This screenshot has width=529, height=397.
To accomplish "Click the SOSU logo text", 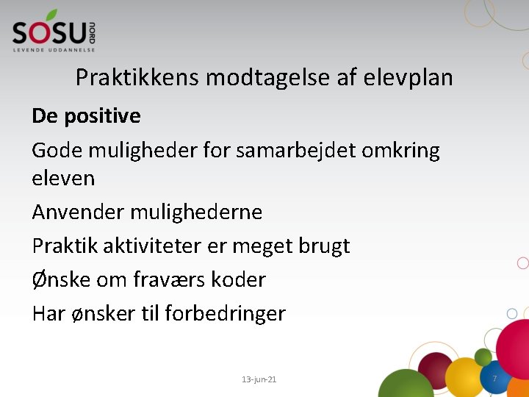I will point(48,32).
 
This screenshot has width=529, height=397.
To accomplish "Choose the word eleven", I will point(63,178).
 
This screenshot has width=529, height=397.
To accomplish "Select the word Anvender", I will point(78,212).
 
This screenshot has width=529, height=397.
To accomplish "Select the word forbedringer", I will point(225,314).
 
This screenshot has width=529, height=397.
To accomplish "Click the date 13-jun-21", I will point(259,379).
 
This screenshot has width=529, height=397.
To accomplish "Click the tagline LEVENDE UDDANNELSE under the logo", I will point(54,49).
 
